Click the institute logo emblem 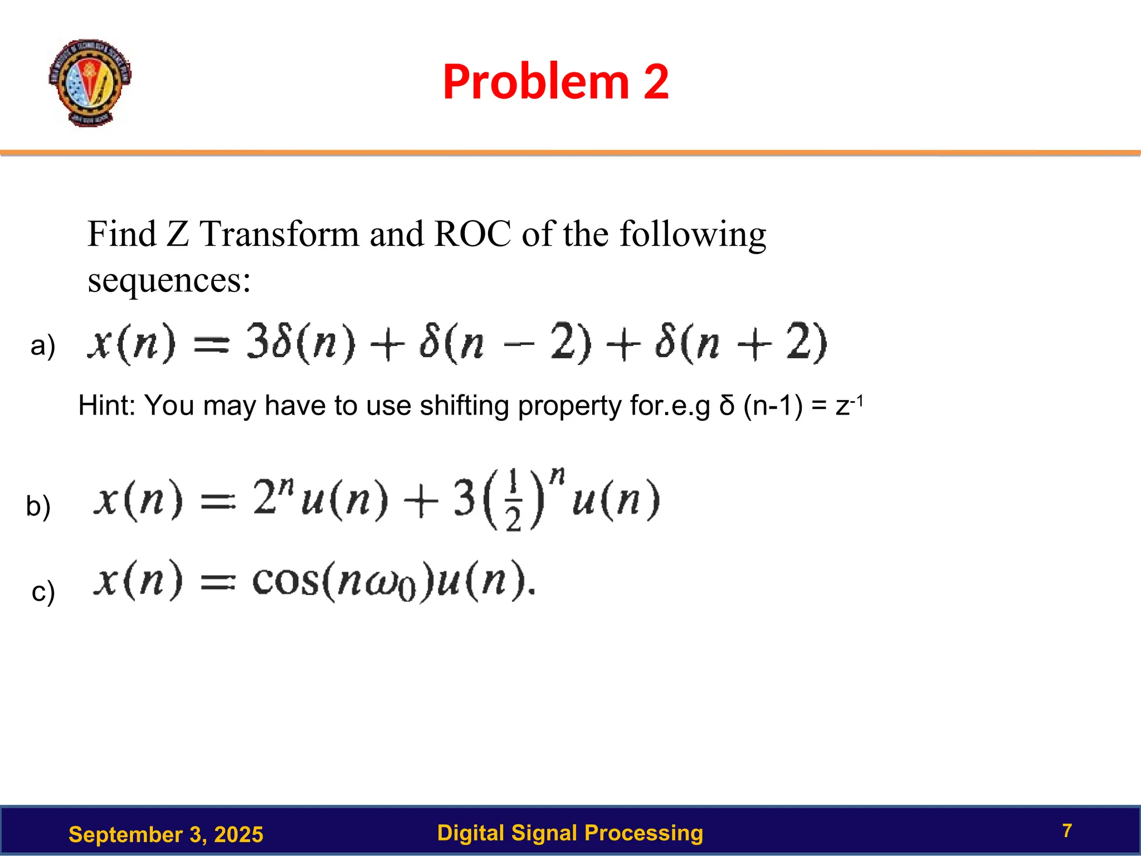(90, 82)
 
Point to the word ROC (472, 234)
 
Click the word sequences (169, 280)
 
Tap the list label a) (43, 346)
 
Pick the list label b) (38, 506)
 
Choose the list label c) (43, 591)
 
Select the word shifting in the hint (464, 405)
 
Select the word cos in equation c (285, 582)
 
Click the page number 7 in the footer (1067, 831)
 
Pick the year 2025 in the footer (238, 835)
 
